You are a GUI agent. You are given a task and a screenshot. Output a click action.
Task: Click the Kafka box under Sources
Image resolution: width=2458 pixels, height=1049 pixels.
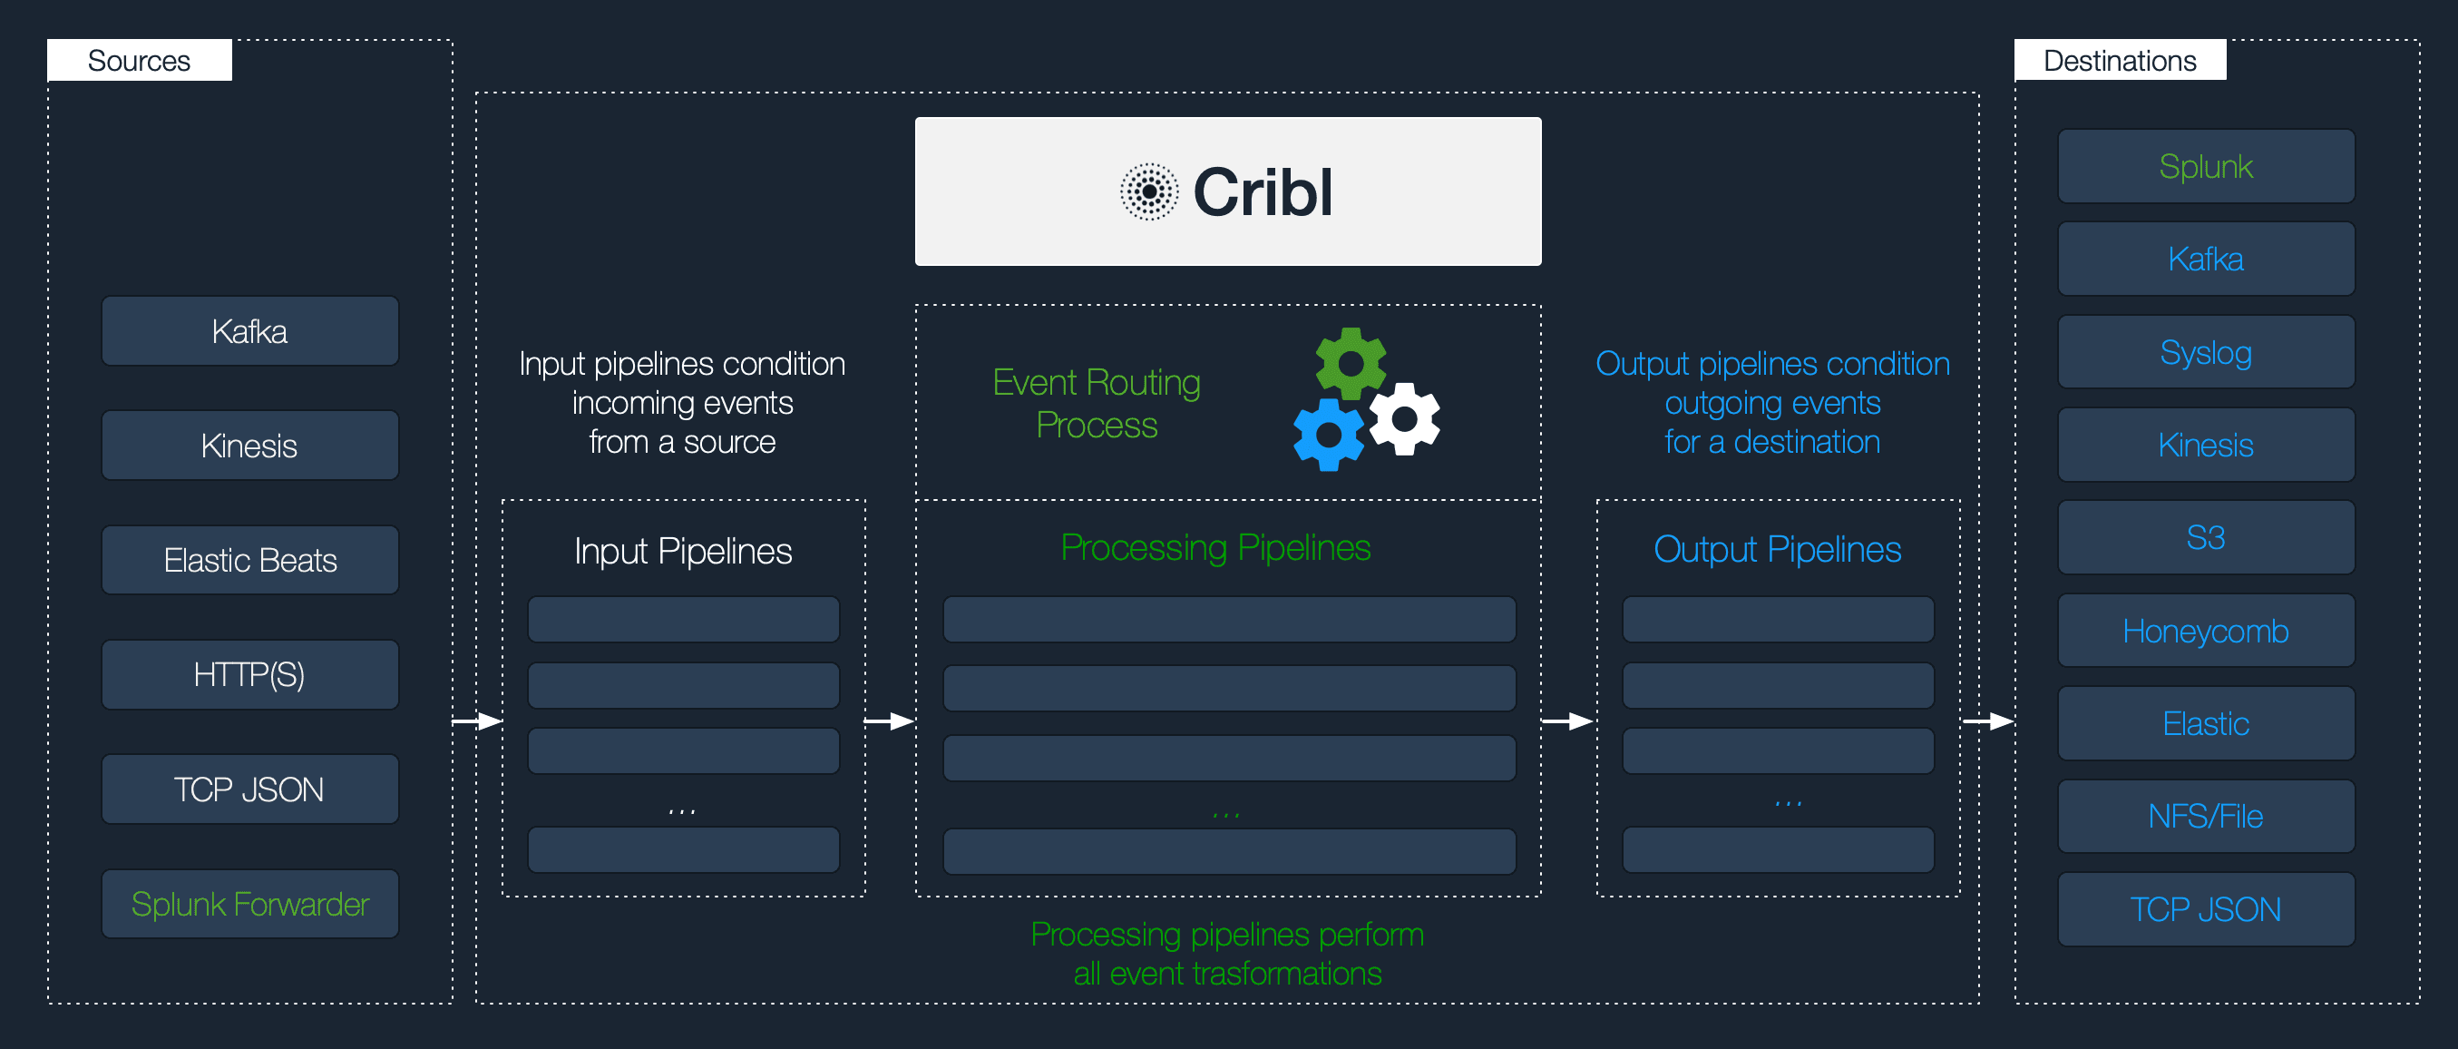[250, 331]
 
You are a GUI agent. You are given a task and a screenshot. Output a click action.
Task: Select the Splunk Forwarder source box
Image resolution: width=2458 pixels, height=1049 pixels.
[250, 904]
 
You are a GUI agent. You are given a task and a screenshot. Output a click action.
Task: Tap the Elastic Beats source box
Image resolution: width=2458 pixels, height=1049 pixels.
[250, 560]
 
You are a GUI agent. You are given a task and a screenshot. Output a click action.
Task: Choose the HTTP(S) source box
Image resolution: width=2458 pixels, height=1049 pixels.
[250, 675]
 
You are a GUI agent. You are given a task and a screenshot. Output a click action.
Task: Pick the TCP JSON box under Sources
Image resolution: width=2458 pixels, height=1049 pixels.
[250, 789]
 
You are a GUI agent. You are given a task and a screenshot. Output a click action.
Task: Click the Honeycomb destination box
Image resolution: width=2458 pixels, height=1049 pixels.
[2205, 631]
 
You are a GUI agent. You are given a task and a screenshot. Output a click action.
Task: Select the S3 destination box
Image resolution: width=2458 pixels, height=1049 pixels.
[2205, 537]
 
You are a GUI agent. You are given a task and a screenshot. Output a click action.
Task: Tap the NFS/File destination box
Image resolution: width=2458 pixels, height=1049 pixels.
[2205, 816]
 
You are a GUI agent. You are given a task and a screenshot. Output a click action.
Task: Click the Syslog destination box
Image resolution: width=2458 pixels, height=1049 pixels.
[2205, 352]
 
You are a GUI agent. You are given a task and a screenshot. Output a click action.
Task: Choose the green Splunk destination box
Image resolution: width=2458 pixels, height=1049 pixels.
[2205, 167]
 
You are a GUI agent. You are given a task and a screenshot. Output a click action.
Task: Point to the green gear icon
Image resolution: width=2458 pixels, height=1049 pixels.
[1351, 364]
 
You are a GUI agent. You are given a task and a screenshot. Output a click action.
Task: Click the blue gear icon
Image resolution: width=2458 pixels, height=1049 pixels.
[1328, 436]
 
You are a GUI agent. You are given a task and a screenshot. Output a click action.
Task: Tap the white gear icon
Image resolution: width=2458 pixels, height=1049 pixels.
[1405, 419]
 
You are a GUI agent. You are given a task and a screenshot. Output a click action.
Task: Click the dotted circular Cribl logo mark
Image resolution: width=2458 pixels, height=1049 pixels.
[1149, 191]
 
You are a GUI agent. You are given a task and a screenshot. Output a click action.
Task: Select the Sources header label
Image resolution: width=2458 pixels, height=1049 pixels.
[140, 60]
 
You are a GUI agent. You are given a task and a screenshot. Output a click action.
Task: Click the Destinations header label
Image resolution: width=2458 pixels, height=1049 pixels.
[2120, 60]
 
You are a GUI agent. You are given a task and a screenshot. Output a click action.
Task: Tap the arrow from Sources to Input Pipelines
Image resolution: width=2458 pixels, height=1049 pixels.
[477, 721]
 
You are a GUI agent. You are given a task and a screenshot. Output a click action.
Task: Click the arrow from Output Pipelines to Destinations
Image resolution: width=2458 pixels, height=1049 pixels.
[1987, 721]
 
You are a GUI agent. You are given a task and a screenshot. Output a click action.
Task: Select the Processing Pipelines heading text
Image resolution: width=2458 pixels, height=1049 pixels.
[1215, 548]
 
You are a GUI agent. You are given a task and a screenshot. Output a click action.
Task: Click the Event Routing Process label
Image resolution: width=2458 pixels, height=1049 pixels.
[1097, 404]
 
